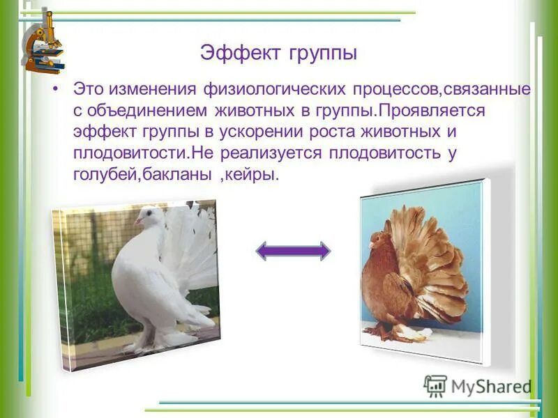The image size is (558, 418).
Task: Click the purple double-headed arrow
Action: (293, 251)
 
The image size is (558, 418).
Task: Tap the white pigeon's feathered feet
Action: (157, 338)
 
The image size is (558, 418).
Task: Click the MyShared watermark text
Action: (491, 387)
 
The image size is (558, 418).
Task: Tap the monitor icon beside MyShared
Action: (435, 386)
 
